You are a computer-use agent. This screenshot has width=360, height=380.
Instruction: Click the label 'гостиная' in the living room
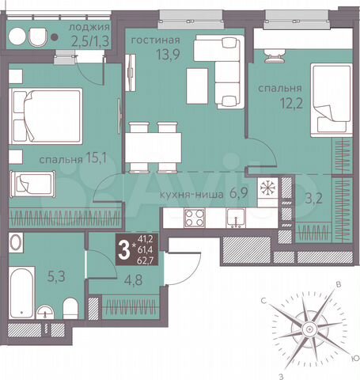pos(155,40)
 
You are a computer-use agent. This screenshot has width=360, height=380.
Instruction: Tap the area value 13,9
pos(155,55)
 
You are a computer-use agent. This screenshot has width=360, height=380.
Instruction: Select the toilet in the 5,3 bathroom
pos(70,306)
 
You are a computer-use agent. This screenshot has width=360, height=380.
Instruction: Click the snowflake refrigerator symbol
pos(269,188)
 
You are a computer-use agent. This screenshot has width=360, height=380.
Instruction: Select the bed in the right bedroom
pos(328,99)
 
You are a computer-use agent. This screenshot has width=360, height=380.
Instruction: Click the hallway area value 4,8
pos(110,278)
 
